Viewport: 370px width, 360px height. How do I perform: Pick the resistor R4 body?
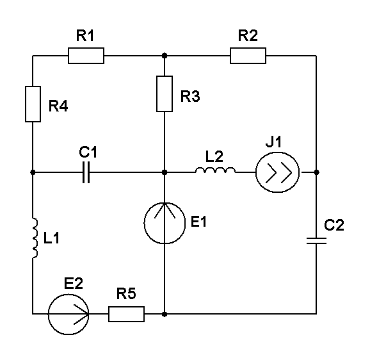(x=33, y=104)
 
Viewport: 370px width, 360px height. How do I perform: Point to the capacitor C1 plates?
(x=86, y=172)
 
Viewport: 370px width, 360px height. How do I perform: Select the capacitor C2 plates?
(x=316, y=241)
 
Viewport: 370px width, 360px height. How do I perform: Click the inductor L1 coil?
(x=35, y=238)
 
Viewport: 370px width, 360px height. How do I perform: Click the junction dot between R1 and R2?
(x=165, y=56)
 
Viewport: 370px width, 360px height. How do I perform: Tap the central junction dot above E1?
(x=165, y=172)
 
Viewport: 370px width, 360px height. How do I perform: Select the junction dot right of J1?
(x=316, y=172)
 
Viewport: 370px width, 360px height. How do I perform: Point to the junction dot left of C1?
(x=33, y=172)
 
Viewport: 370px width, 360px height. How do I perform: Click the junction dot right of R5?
(x=165, y=315)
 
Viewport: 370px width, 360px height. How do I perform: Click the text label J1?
(x=273, y=142)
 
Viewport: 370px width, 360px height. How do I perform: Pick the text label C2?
(x=334, y=225)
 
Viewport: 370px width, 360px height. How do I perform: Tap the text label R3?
(x=190, y=96)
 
